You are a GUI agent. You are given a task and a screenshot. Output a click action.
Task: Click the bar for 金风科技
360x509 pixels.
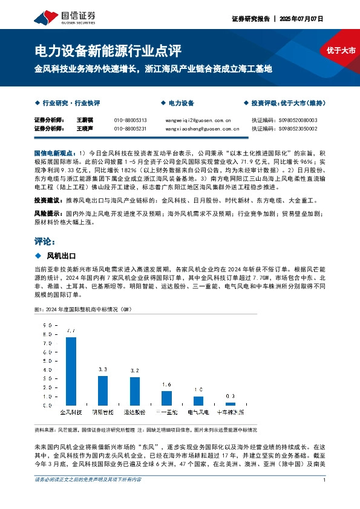click(71, 371)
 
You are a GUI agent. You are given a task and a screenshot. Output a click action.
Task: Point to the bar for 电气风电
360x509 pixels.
click(198, 402)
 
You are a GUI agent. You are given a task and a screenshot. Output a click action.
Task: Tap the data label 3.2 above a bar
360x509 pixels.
click(135, 370)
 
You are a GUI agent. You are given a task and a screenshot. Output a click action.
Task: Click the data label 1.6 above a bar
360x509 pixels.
click(166, 384)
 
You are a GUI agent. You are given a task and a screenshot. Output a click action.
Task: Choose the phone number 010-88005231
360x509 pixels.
click(130, 129)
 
